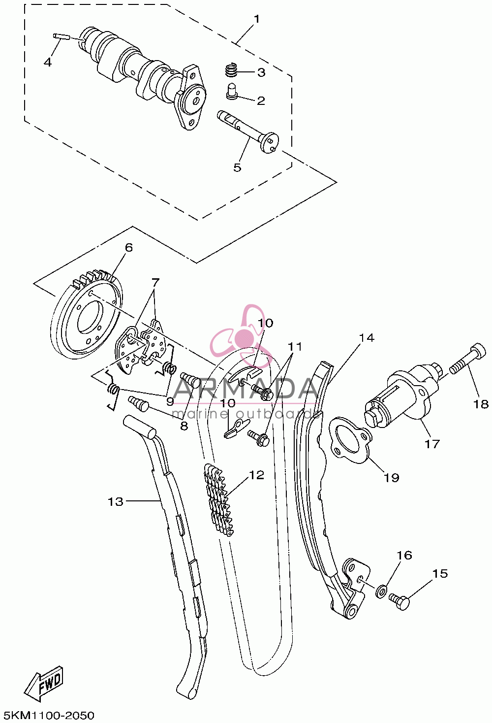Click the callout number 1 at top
[257, 19]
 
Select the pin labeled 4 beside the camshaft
[61, 36]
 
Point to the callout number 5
[237, 167]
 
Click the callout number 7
[155, 283]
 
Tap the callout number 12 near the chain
[257, 475]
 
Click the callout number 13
[116, 502]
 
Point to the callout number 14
[367, 338]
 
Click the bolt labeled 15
[399, 601]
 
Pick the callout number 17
[432, 444]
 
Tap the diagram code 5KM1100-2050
[47, 715]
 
